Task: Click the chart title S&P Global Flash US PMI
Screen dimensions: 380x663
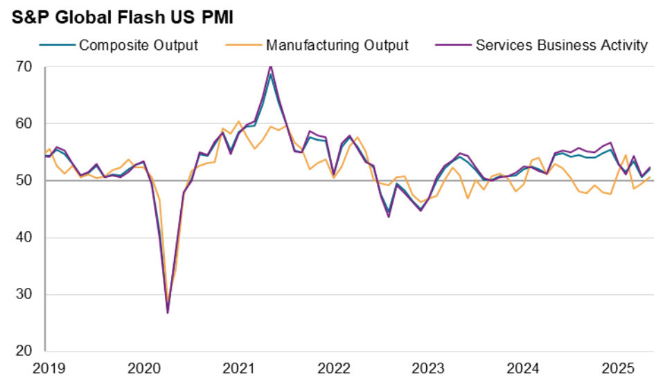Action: (123, 17)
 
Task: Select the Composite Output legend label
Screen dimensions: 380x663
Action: (139, 46)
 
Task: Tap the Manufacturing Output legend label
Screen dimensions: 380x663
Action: (337, 46)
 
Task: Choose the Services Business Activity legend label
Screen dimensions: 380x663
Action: (561, 46)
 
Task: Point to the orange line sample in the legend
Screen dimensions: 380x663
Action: (244, 46)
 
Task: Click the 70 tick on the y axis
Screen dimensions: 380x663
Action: (25, 67)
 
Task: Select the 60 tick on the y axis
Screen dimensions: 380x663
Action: (25, 124)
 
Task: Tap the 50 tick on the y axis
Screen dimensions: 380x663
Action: (25, 181)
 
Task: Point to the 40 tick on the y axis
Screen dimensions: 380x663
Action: (25, 237)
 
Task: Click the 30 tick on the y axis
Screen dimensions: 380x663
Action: (25, 294)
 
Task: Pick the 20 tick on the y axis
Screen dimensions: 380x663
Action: (25, 351)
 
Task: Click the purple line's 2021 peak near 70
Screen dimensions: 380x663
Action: (270, 66)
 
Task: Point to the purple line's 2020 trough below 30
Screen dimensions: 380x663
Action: (168, 313)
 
